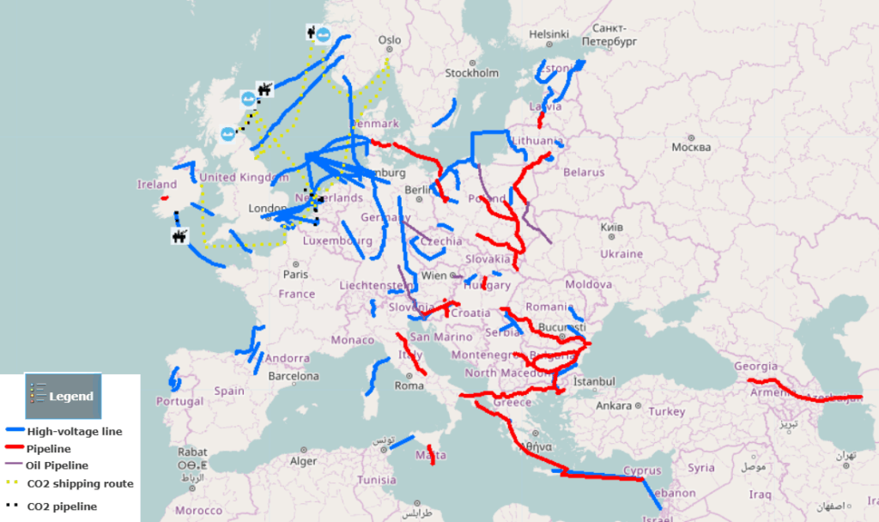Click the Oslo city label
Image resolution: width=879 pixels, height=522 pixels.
click(389, 40)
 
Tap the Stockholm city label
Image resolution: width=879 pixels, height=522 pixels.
click(471, 73)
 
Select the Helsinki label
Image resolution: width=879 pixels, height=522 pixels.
click(549, 34)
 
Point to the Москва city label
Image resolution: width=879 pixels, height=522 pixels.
click(692, 147)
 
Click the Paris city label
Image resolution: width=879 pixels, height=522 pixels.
click(295, 275)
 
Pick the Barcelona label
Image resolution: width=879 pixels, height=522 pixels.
click(293, 376)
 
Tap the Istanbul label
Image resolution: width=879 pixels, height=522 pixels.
click(594, 381)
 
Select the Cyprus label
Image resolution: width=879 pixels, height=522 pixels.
click(642, 470)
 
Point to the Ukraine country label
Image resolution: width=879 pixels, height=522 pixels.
click(621, 254)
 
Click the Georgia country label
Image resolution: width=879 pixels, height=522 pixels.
click(755, 367)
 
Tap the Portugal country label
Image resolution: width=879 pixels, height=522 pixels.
click(179, 401)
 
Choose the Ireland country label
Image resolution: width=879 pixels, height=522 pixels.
click(157, 185)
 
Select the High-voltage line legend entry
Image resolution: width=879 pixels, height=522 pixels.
click(74, 432)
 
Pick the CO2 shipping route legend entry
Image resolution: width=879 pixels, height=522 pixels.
click(80, 483)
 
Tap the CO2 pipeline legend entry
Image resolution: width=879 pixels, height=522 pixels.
click(62, 507)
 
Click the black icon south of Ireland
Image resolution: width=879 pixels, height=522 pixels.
click(179, 235)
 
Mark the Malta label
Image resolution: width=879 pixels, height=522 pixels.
click(425, 455)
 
